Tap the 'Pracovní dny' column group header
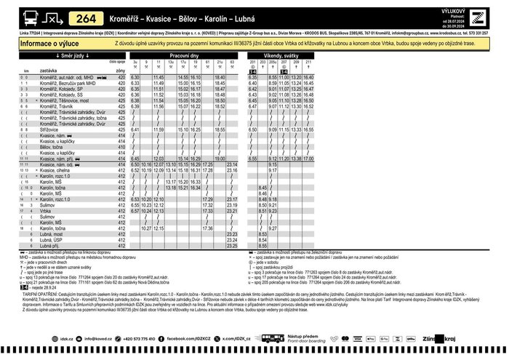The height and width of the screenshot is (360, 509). coord(184,55)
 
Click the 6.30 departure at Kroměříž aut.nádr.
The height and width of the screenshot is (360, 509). coord(135,76)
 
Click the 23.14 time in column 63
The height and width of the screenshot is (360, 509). coord(232,164)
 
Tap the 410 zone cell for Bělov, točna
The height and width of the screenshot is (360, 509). coord(121,147)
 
